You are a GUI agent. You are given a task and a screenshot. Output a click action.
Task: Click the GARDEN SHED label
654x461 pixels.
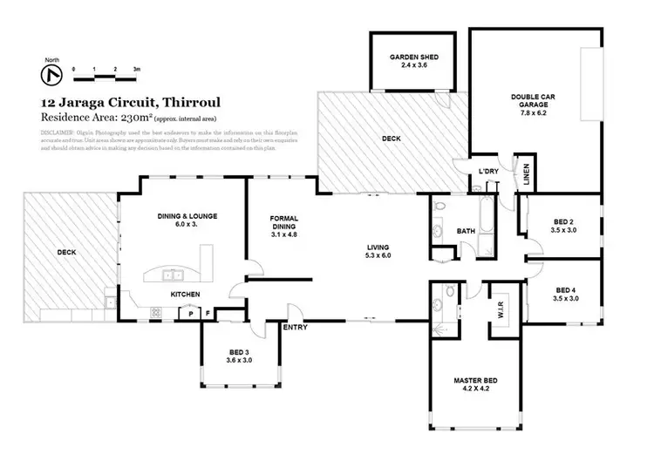point(413,62)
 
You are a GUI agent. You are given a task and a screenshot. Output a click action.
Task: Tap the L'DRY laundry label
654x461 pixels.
point(488,172)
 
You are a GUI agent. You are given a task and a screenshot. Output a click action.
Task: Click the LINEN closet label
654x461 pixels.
point(525,173)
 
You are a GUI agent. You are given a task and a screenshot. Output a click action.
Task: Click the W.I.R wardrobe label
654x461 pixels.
point(501,309)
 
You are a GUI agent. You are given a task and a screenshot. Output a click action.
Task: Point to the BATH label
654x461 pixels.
point(467,231)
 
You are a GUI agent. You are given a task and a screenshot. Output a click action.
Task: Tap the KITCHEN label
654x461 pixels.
point(186,294)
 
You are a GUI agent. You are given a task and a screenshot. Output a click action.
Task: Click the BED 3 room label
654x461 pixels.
point(239,355)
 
